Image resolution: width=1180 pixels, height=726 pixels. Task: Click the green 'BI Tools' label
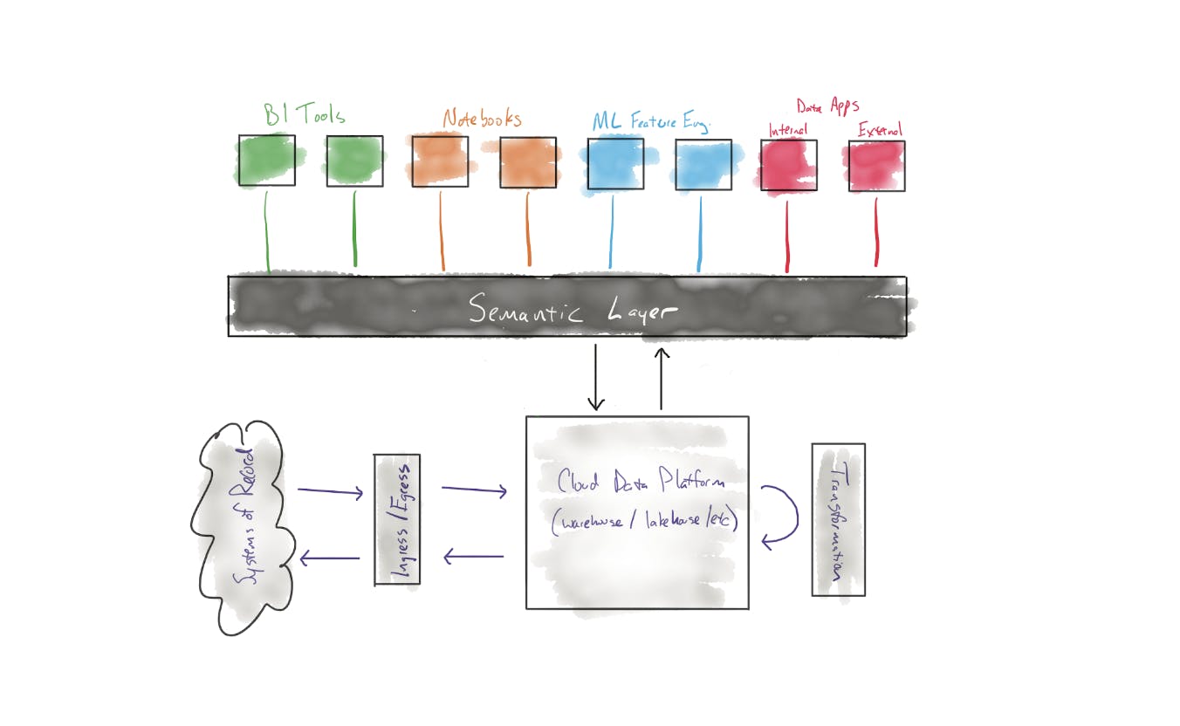pyautogui.click(x=305, y=114)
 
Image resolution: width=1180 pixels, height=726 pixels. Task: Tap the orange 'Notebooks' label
pyautogui.click(x=481, y=119)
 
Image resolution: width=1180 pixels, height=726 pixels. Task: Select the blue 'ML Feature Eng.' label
pyautogui.click(x=650, y=122)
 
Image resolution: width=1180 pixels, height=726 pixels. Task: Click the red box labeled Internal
pyautogui.click(x=788, y=165)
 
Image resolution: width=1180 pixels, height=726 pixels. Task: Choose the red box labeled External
pyautogui.click(x=876, y=166)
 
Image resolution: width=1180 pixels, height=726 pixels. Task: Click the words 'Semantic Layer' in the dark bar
pyautogui.click(x=573, y=310)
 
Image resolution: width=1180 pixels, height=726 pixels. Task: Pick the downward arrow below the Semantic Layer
pyautogui.click(x=596, y=377)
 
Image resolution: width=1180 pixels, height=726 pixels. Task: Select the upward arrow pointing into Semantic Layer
pyautogui.click(x=662, y=379)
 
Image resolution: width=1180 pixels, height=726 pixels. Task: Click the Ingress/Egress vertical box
pyautogui.click(x=397, y=519)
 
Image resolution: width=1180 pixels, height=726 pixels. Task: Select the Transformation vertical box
pyautogui.click(x=838, y=520)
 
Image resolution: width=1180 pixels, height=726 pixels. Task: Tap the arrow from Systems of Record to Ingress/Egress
pyautogui.click(x=330, y=492)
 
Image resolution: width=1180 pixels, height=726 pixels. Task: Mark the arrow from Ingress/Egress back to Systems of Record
pyautogui.click(x=329, y=558)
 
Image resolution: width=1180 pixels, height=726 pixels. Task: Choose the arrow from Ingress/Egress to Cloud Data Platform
pyautogui.click(x=474, y=491)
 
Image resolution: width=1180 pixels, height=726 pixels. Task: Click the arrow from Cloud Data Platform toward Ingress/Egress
pyautogui.click(x=473, y=556)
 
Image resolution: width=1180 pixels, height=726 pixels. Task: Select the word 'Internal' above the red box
pyautogui.click(x=787, y=131)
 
